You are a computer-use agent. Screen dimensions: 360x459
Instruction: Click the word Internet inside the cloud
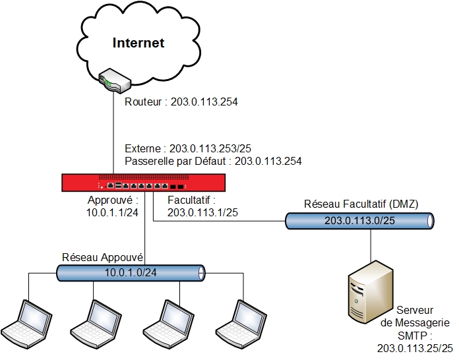(x=138, y=44)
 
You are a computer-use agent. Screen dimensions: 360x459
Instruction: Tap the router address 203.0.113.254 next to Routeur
(x=204, y=102)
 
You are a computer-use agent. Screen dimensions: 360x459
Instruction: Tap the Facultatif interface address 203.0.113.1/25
(x=202, y=212)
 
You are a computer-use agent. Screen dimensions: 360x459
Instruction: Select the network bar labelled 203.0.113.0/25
(x=360, y=220)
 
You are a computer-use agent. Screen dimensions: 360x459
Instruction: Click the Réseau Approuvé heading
(x=103, y=256)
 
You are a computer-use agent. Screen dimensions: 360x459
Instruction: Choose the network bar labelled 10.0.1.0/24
(x=131, y=272)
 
